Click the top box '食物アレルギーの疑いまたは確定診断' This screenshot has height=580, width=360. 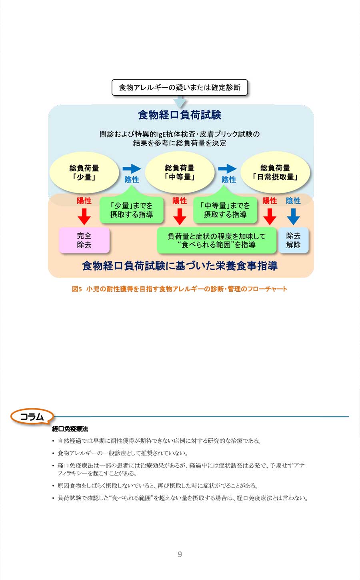pyautogui.click(x=180, y=88)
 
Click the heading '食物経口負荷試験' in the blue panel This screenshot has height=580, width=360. pyautogui.click(x=180, y=115)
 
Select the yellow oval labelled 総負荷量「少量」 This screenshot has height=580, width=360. pyautogui.click(x=84, y=173)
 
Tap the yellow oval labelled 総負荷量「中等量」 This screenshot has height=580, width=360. pyautogui.click(x=180, y=173)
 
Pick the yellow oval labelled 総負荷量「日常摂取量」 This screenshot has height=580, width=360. pyautogui.click(x=275, y=173)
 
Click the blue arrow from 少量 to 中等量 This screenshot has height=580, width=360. pyautogui.click(x=132, y=169)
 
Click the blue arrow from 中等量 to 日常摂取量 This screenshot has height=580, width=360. pyautogui.click(x=227, y=169)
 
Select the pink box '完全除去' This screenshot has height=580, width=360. pyautogui.click(x=84, y=240)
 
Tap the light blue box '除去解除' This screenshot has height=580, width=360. pyautogui.click(x=293, y=240)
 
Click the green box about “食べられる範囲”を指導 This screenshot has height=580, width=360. pyautogui.click(x=216, y=240)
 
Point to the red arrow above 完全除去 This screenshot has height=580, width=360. pyautogui.click(x=84, y=217)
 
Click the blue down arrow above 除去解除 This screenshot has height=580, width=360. pyautogui.click(x=293, y=217)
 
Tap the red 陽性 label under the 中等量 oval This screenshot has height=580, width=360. pyautogui.click(x=180, y=201)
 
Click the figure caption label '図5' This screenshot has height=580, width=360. pyautogui.click(x=77, y=289)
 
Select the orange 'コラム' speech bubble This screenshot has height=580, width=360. pyautogui.click(x=32, y=416)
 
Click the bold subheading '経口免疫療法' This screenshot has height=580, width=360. pyautogui.click(x=70, y=429)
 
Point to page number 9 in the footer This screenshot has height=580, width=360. pyautogui.click(x=180, y=554)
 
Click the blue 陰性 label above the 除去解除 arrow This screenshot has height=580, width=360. pyautogui.click(x=293, y=201)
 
